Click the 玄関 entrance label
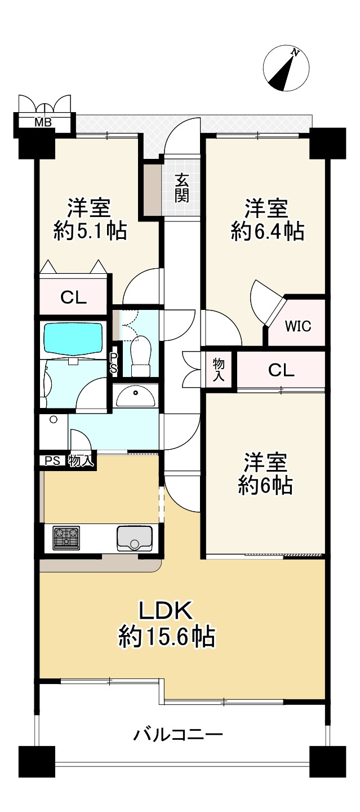pyautogui.click(x=181, y=188)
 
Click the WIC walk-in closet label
pyautogui.click(x=297, y=326)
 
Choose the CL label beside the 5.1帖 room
pyautogui.click(x=73, y=298)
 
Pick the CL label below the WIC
pyautogui.click(x=281, y=370)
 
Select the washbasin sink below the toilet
pyautogui.click(x=135, y=397)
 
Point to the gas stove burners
pyautogui.click(x=66, y=538)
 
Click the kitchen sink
pyautogui.click(x=134, y=538)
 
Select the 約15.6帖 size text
pyautogui.click(x=166, y=637)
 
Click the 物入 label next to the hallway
pyautogui.click(x=219, y=370)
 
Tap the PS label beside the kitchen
pyautogui.click(x=52, y=460)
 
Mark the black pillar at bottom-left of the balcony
pyautogui.click(x=37, y=761)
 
